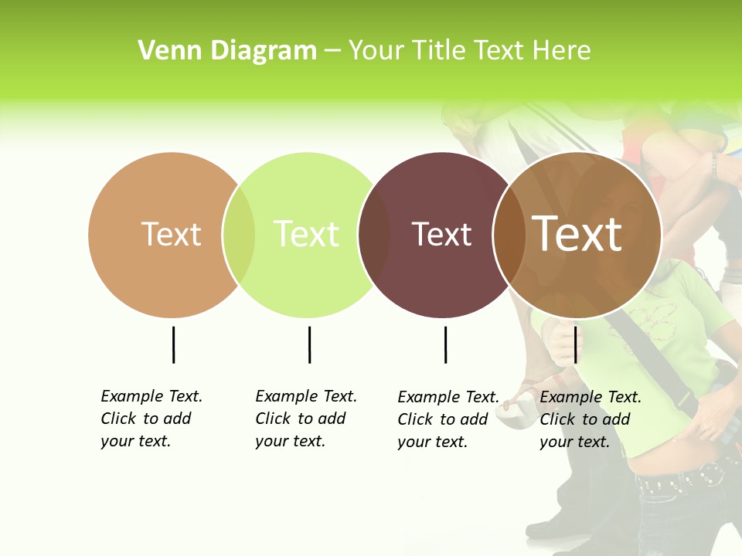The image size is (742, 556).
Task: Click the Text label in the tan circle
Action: click(x=171, y=234)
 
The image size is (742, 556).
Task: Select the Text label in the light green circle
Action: click(x=306, y=234)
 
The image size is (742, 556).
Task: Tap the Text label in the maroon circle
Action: click(x=441, y=234)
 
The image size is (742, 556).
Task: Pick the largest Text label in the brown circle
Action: click(x=577, y=234)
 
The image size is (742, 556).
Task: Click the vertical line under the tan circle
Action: click(x=173, y=344)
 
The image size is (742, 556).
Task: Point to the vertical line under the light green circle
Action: click(x=309, y=344)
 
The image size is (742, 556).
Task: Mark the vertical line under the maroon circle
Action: click(x=445, y=344)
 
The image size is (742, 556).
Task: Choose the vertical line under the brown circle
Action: click(x=575, y=344)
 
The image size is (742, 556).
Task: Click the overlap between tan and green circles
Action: click(x=239, y=235)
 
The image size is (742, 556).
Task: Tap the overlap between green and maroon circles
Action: click(x=374, y=235)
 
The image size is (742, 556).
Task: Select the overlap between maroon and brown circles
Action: click(x=509, y=235)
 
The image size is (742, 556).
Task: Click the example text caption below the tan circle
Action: click(x=151, y=419)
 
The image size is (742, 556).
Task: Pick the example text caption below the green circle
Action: click(x=305, y=419)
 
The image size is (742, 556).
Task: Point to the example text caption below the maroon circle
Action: click(x=448, y=419)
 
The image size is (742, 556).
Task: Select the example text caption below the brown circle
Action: click(x=590, y=419)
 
